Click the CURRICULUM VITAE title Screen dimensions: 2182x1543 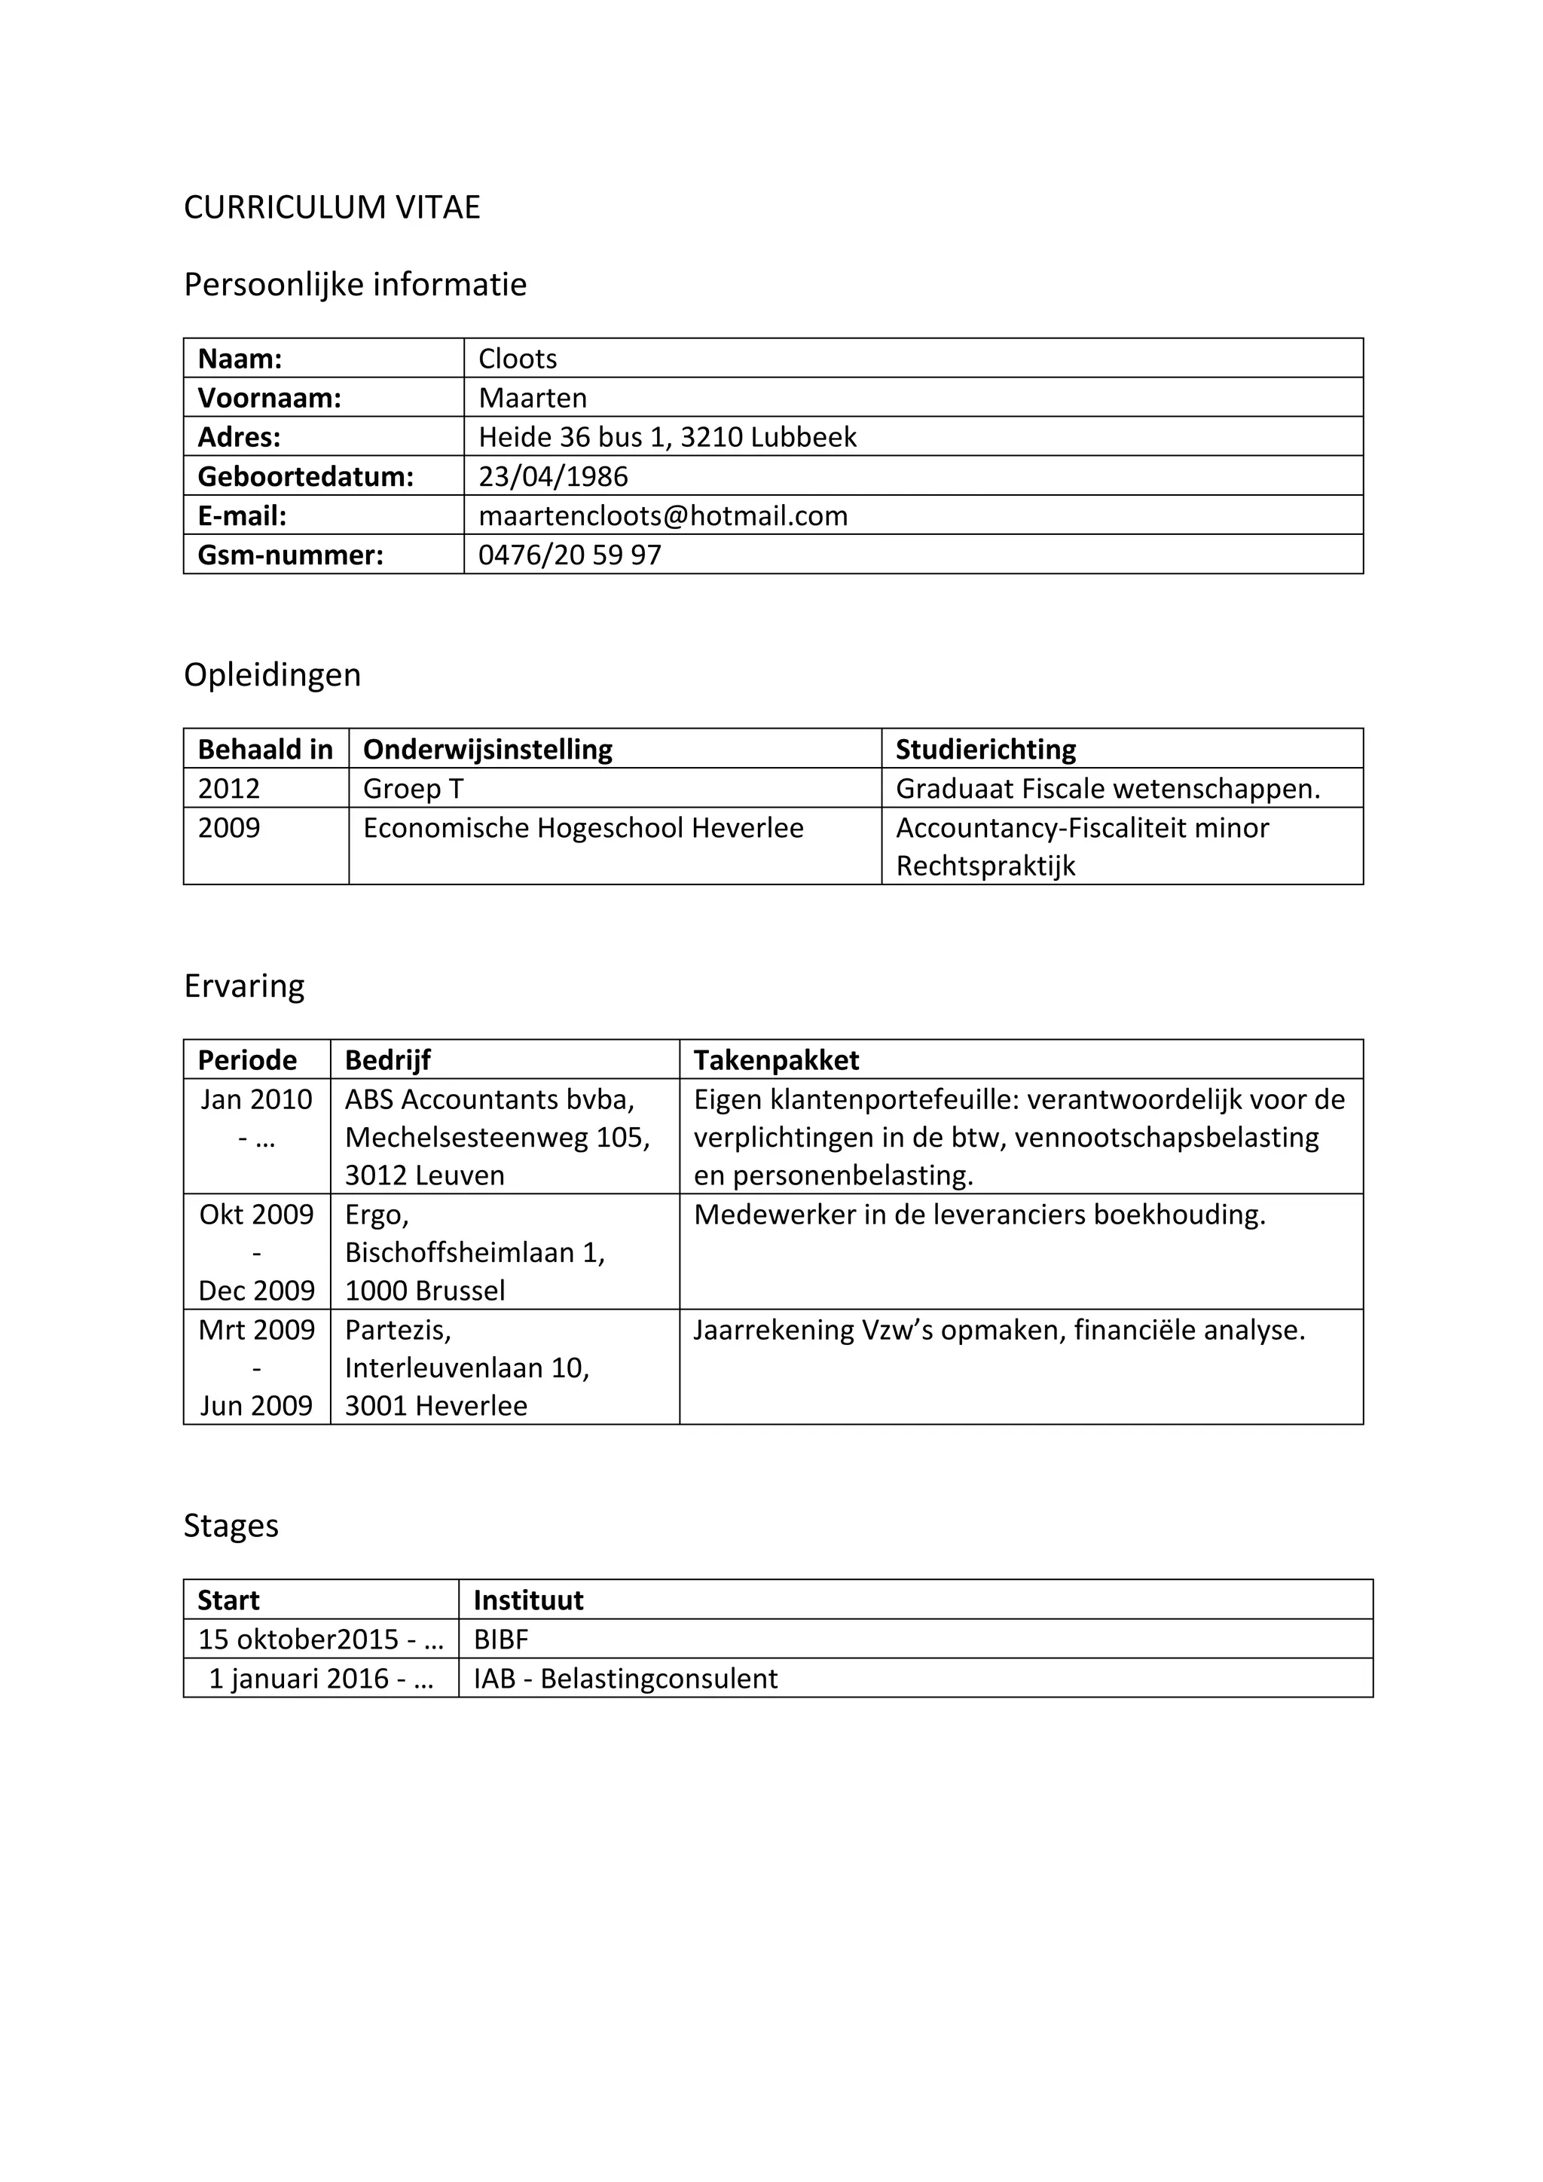pos(332,207)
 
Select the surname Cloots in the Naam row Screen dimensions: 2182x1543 pos(517,359)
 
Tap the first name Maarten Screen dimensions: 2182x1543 pos(532,397)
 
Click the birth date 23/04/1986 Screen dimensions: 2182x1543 pos(553,476)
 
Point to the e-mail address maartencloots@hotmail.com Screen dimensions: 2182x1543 pos(662,515)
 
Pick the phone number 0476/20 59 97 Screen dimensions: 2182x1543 pos(569,555)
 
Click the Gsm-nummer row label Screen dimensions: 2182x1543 pos(290,555)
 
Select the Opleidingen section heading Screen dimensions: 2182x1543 pos(272,675)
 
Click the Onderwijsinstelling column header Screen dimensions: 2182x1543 pos(487,750)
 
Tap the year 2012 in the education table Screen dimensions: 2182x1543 pos(229,789)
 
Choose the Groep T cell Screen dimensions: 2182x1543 pos(414,789)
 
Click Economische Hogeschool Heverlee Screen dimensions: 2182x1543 pos(582,828)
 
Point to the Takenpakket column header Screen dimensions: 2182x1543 pos(775,1061)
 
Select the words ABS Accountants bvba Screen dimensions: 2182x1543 pos(489,1099)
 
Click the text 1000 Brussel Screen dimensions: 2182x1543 pos(425,1291)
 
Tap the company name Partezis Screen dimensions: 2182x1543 pos(397,1330)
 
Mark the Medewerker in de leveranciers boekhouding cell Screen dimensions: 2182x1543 pos(979,1215)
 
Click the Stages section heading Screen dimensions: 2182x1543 pos(231,1525)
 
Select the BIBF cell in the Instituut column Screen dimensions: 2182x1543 pos(501,1640)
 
